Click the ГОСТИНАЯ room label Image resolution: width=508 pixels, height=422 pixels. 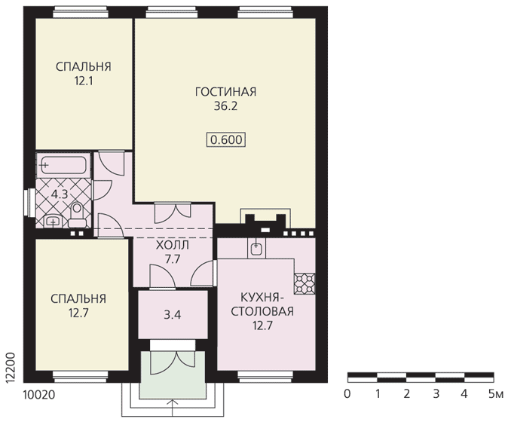click(x=225, y=92)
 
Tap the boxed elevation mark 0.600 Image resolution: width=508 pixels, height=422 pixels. click(x=226, y=140)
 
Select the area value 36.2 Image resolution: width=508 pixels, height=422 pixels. click(x=225, y=106)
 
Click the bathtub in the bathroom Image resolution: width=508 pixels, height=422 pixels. click(x=63, y=165)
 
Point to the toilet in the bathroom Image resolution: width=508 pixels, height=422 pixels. click(x=77, y=215)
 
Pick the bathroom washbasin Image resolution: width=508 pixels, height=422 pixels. click(x=52, y=222)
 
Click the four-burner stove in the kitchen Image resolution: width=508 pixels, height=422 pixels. click(x=304, y=283)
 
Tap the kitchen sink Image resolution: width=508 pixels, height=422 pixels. click(x=256, y=248)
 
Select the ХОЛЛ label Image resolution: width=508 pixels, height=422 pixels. click(x=173, y=245)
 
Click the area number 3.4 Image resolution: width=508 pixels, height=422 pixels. click(x=173, y=315)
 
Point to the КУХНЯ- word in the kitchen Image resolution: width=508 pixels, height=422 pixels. click(x=262, y=298)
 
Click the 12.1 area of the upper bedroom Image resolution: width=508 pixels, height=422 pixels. click(x=84, y=81)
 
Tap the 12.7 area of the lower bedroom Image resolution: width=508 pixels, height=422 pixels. click(x=78, y=313)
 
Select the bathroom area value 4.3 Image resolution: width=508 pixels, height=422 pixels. click(x=60, y=194)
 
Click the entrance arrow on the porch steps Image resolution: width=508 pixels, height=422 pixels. click(x=173, y=408)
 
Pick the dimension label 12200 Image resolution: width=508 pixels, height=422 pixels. click(x=11, y=368)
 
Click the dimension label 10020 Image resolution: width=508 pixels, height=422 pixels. click(x=39, y=395)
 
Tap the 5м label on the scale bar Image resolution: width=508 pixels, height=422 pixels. click(x=496, y=394)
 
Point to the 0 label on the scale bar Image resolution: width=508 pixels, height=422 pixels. click(x=347, y=394)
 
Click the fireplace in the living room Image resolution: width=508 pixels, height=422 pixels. click(x=265, y=221)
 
